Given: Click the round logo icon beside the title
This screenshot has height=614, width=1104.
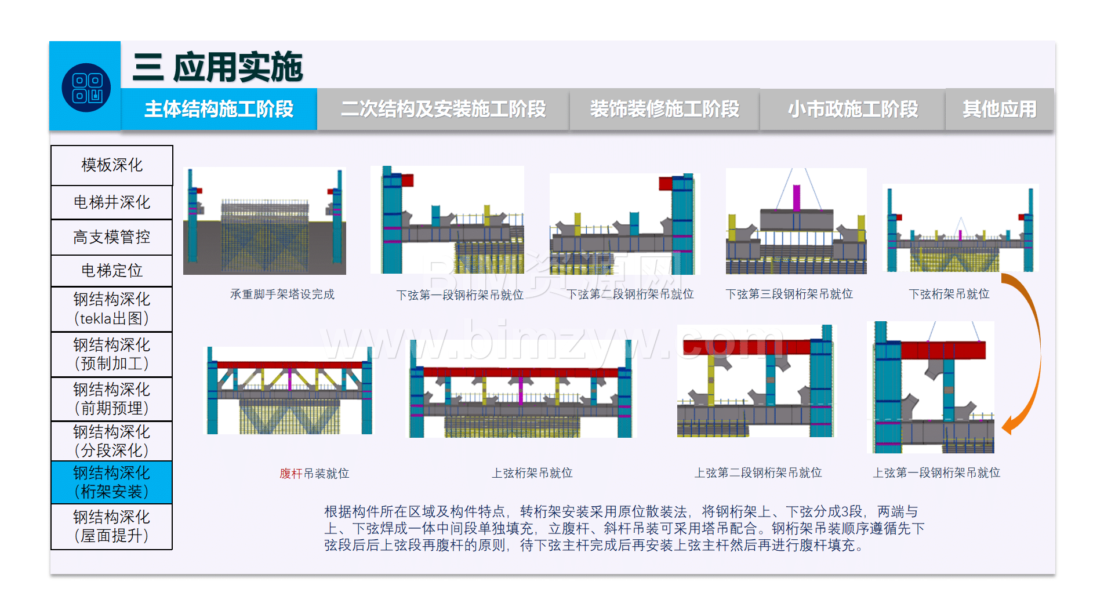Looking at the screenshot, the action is pyautogui.click(x=86, y=88).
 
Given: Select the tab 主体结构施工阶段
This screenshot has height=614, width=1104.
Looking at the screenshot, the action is pyautogui.click(x=219, y=109).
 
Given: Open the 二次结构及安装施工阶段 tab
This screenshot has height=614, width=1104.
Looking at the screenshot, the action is pyautogui.click(x=443, y=109).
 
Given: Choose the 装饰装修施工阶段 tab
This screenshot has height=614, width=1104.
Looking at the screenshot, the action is pyautogui.click(x=664, y=109).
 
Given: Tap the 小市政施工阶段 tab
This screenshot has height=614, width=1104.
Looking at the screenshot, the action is pyautogui.click(x=852, y=109).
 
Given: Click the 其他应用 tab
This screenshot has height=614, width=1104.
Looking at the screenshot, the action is pyautogui.click(x=1000, y=109).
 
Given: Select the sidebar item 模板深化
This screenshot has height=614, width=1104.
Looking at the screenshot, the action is pyautogui.click(x=112, y=165).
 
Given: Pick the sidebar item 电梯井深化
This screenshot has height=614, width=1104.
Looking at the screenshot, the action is pyautogui.click(x=112, y=202).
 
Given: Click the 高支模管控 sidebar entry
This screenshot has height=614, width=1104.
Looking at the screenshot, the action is pyautogui.click(x=112, y=237).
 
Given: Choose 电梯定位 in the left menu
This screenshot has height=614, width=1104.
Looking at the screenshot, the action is pyautogui.click(x=112, y=271).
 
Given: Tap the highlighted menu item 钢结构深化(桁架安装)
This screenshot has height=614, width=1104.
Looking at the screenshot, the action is pyautogui.click(x=112, y=482).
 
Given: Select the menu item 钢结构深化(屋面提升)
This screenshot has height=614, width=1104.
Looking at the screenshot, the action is pyautogui.click(x=112, y=526).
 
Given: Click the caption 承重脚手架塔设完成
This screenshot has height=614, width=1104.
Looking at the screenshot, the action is pyautogui.click(x=282, y=295).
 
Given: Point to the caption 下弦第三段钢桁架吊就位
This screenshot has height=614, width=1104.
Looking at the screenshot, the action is pyautogui.click(x=789, y=295).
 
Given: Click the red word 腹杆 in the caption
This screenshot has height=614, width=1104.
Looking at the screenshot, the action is pyautogui.click(x=291, y=474).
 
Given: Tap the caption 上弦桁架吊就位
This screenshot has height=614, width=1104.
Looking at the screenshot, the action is pyautogui.click(x=532, y=473).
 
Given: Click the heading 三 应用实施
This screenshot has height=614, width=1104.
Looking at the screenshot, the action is pyautogui.click(x=217, y=67).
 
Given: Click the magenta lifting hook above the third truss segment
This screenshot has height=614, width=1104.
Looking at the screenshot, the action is pyautogui.click(x=797, y=198).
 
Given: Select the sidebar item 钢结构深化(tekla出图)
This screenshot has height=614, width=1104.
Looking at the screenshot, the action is pyautogui.click(x=112, y=309).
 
